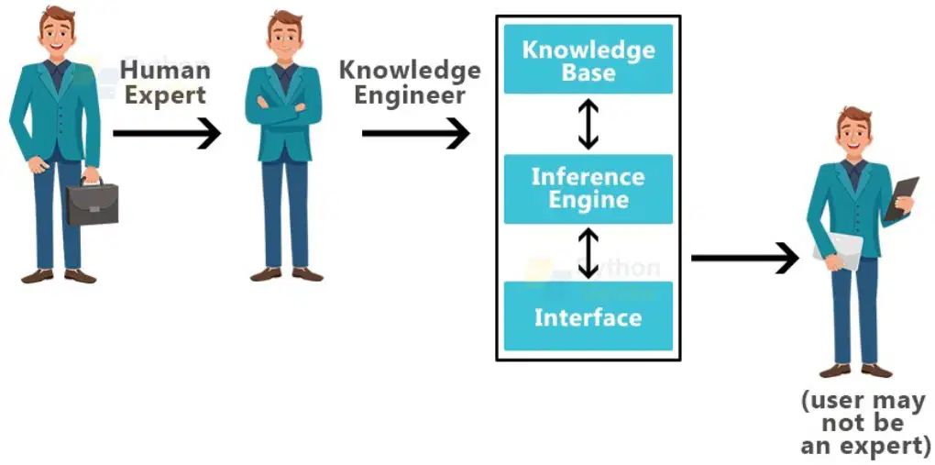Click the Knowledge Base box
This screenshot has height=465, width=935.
click(588, 59)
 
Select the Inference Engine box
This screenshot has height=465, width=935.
click(588, 189)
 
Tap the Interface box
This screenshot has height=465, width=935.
click(588, 316)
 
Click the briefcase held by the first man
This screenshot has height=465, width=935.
click(92, 203)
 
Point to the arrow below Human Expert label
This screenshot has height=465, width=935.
click(167, 132)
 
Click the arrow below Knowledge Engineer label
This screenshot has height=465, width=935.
click(415, 132)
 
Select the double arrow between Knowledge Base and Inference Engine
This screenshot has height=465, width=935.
click(588, 124)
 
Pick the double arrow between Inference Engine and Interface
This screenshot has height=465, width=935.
click(588, 253)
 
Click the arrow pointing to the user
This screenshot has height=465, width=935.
click(744, 258)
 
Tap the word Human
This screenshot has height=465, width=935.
click(165, 70)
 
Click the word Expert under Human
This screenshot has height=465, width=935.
click(165, 94)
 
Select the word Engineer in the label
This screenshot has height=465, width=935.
click(409, 94)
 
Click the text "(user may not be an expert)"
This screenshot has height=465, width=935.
click(865, 423)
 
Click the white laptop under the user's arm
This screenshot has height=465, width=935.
click(839, 250)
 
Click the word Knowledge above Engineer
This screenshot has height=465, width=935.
click(411, 71)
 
